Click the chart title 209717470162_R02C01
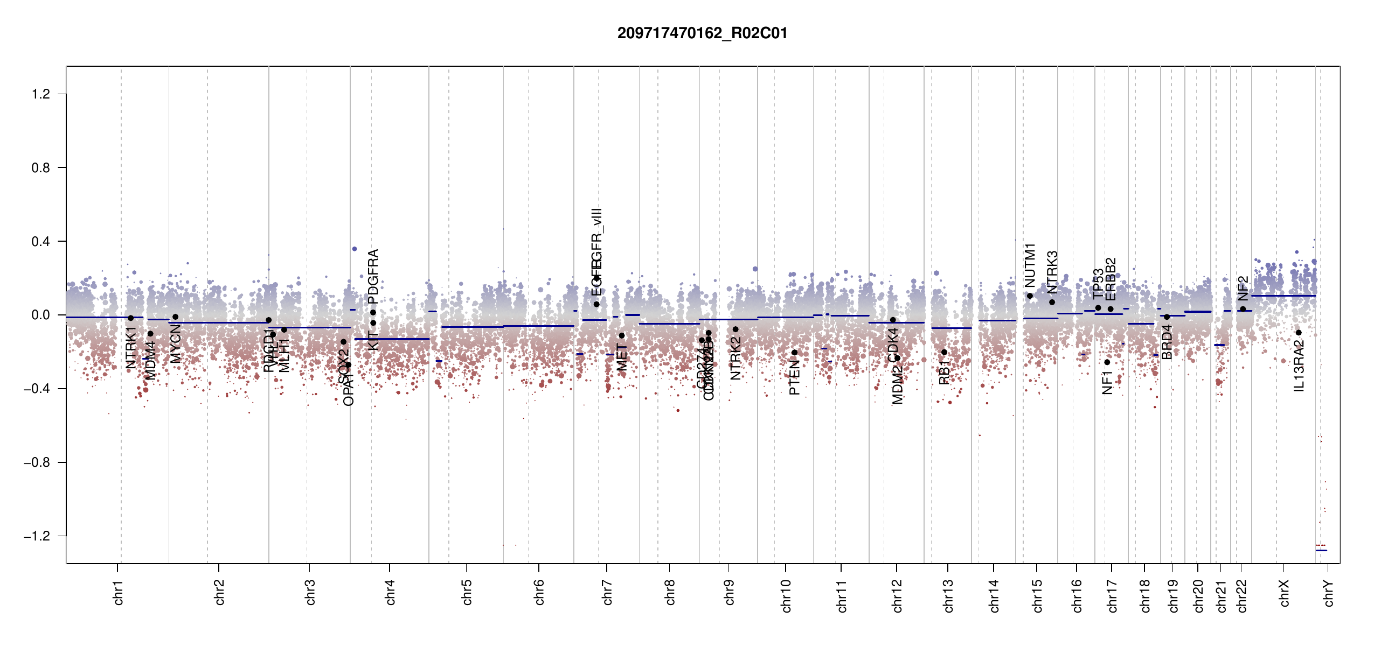pos(702,33)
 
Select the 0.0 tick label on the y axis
pos(40,315)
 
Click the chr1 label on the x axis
pos(119,592)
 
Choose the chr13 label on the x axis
pos(948,595)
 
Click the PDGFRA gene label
pos(373,276)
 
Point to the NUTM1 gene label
pos(1030,265)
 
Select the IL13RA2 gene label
pos(1299,366)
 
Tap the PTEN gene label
pos(794,377)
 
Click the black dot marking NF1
pos(1107,362)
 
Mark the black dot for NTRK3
pos(1052,302)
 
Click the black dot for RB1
pos(944,352)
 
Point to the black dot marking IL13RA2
pos(1299,333)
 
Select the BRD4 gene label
pos(1167,342)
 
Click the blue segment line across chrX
pos(1283,296)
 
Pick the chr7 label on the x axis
pos(608,592)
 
